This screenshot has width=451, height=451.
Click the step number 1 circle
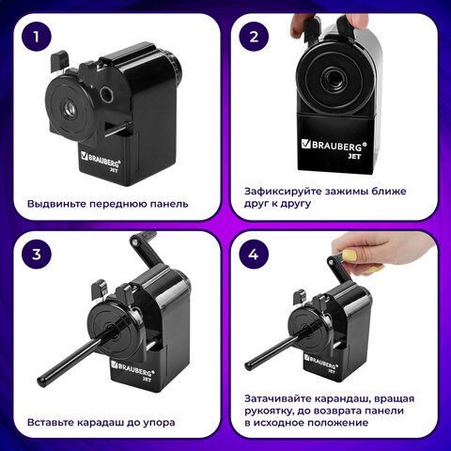point(37,36)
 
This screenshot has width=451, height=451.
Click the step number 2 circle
point(254,36)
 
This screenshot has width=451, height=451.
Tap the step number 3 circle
point(37,254)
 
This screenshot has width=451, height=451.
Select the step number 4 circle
point(254,254)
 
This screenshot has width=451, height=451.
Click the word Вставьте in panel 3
point(50,422)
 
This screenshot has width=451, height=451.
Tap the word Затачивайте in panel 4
point(278,398)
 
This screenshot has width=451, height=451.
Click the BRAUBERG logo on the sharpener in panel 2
point(334,146)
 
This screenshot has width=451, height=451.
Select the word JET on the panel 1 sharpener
point(114,171)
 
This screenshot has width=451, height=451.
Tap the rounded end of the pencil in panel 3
point(41,381)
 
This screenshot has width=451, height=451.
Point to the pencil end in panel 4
point(248,365)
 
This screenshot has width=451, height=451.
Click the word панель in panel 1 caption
point(169,204)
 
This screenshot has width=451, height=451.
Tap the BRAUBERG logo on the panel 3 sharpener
point(131,368)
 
